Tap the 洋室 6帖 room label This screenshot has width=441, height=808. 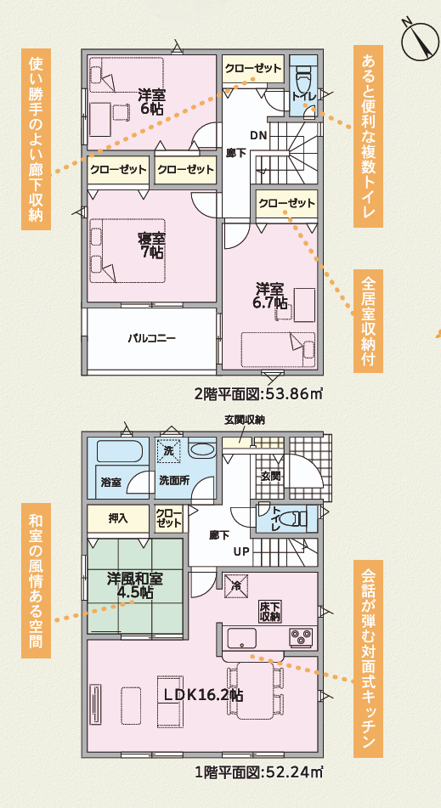coord(151,101)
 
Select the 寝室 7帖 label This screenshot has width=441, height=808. coord(151,246)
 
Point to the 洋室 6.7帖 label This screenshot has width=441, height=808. coord(271,295)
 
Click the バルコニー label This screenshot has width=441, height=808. coord(152,338)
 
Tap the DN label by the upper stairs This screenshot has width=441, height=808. coord(258,136)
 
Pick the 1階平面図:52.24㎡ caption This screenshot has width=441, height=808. coord(258,772)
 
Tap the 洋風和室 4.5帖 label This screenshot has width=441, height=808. coord(135,585)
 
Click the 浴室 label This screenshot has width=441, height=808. coord(110,483)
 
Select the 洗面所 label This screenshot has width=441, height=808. coord(173,479)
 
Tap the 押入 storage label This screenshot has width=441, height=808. coord(117,519)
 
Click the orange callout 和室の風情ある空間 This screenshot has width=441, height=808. coord(36,581)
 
